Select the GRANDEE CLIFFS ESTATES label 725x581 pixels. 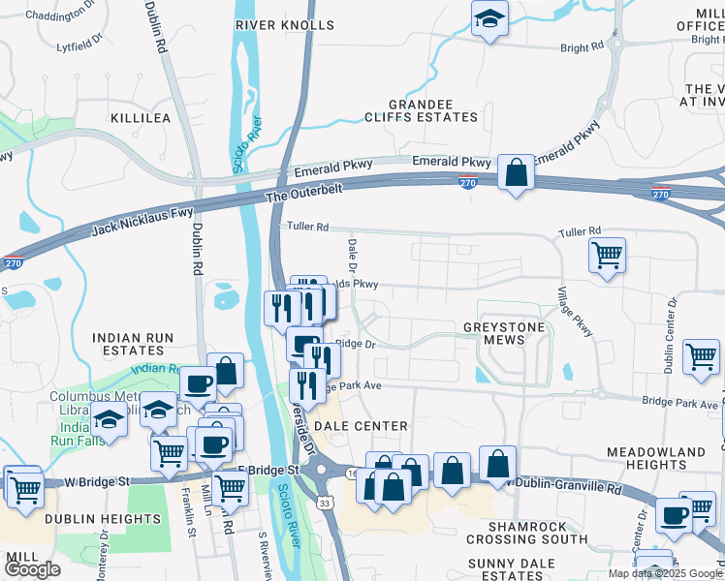[x=433, y=110]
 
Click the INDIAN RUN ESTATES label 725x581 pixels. [x=133, y=344]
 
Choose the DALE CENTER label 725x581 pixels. [x=361, y=426]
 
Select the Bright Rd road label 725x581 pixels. [x=582, y=46]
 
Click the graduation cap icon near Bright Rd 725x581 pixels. [x=490, y=18]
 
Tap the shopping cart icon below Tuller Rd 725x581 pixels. [x=607, y=256]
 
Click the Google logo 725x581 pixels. [x=32, y=569]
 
